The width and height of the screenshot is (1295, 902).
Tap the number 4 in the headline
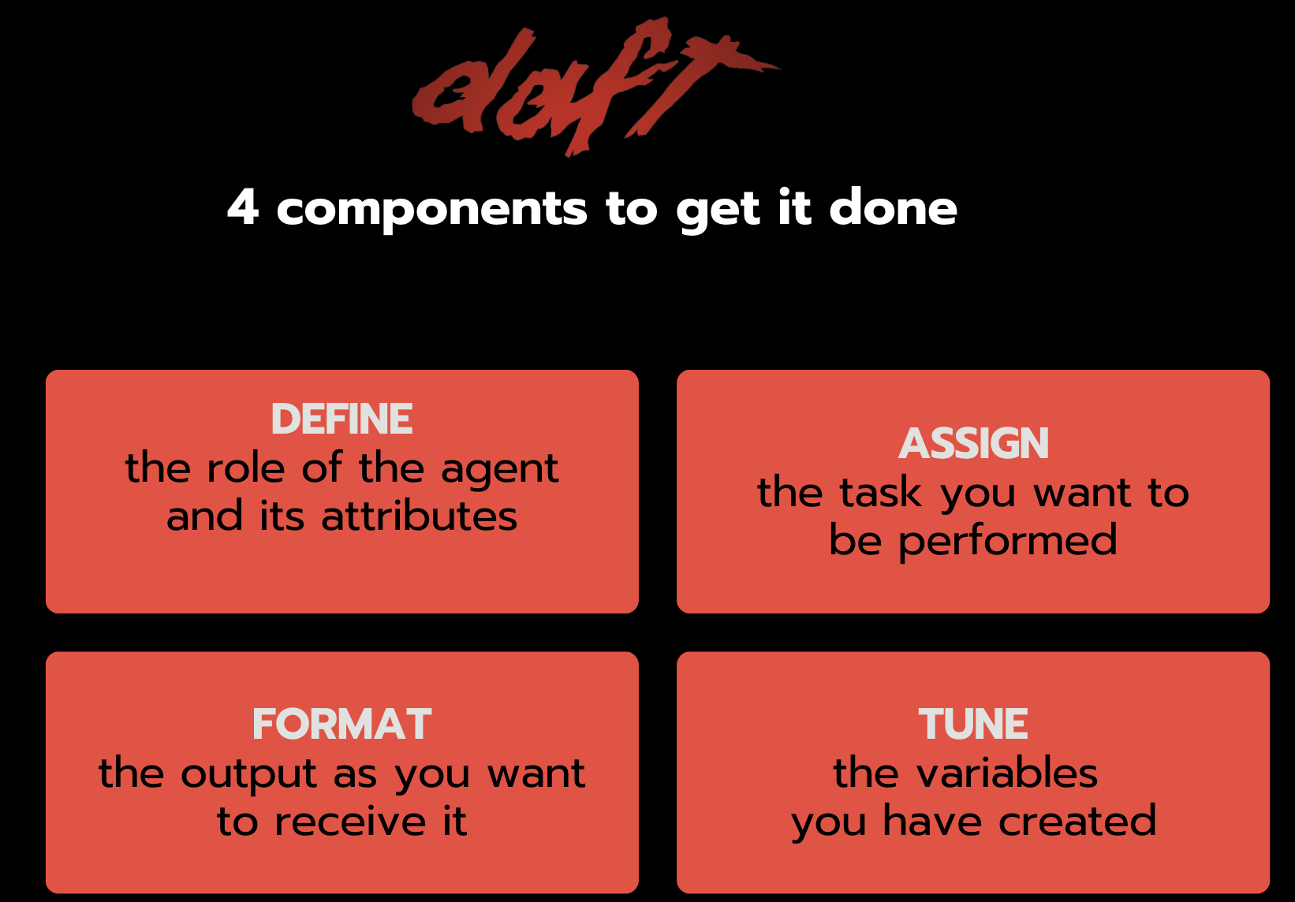[x=243, y=207]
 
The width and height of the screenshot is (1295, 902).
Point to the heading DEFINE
[x=341, y=419]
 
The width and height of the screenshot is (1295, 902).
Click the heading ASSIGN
[x=973, y=443]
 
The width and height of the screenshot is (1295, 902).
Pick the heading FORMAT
[x=341, y=724]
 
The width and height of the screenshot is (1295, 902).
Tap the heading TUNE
[x=973, y=724]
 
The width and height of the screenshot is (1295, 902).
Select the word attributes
[x=419, y=515]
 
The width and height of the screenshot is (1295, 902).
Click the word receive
[x=350, y=821]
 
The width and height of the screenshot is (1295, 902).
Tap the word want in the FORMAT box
[x=536, y=773]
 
